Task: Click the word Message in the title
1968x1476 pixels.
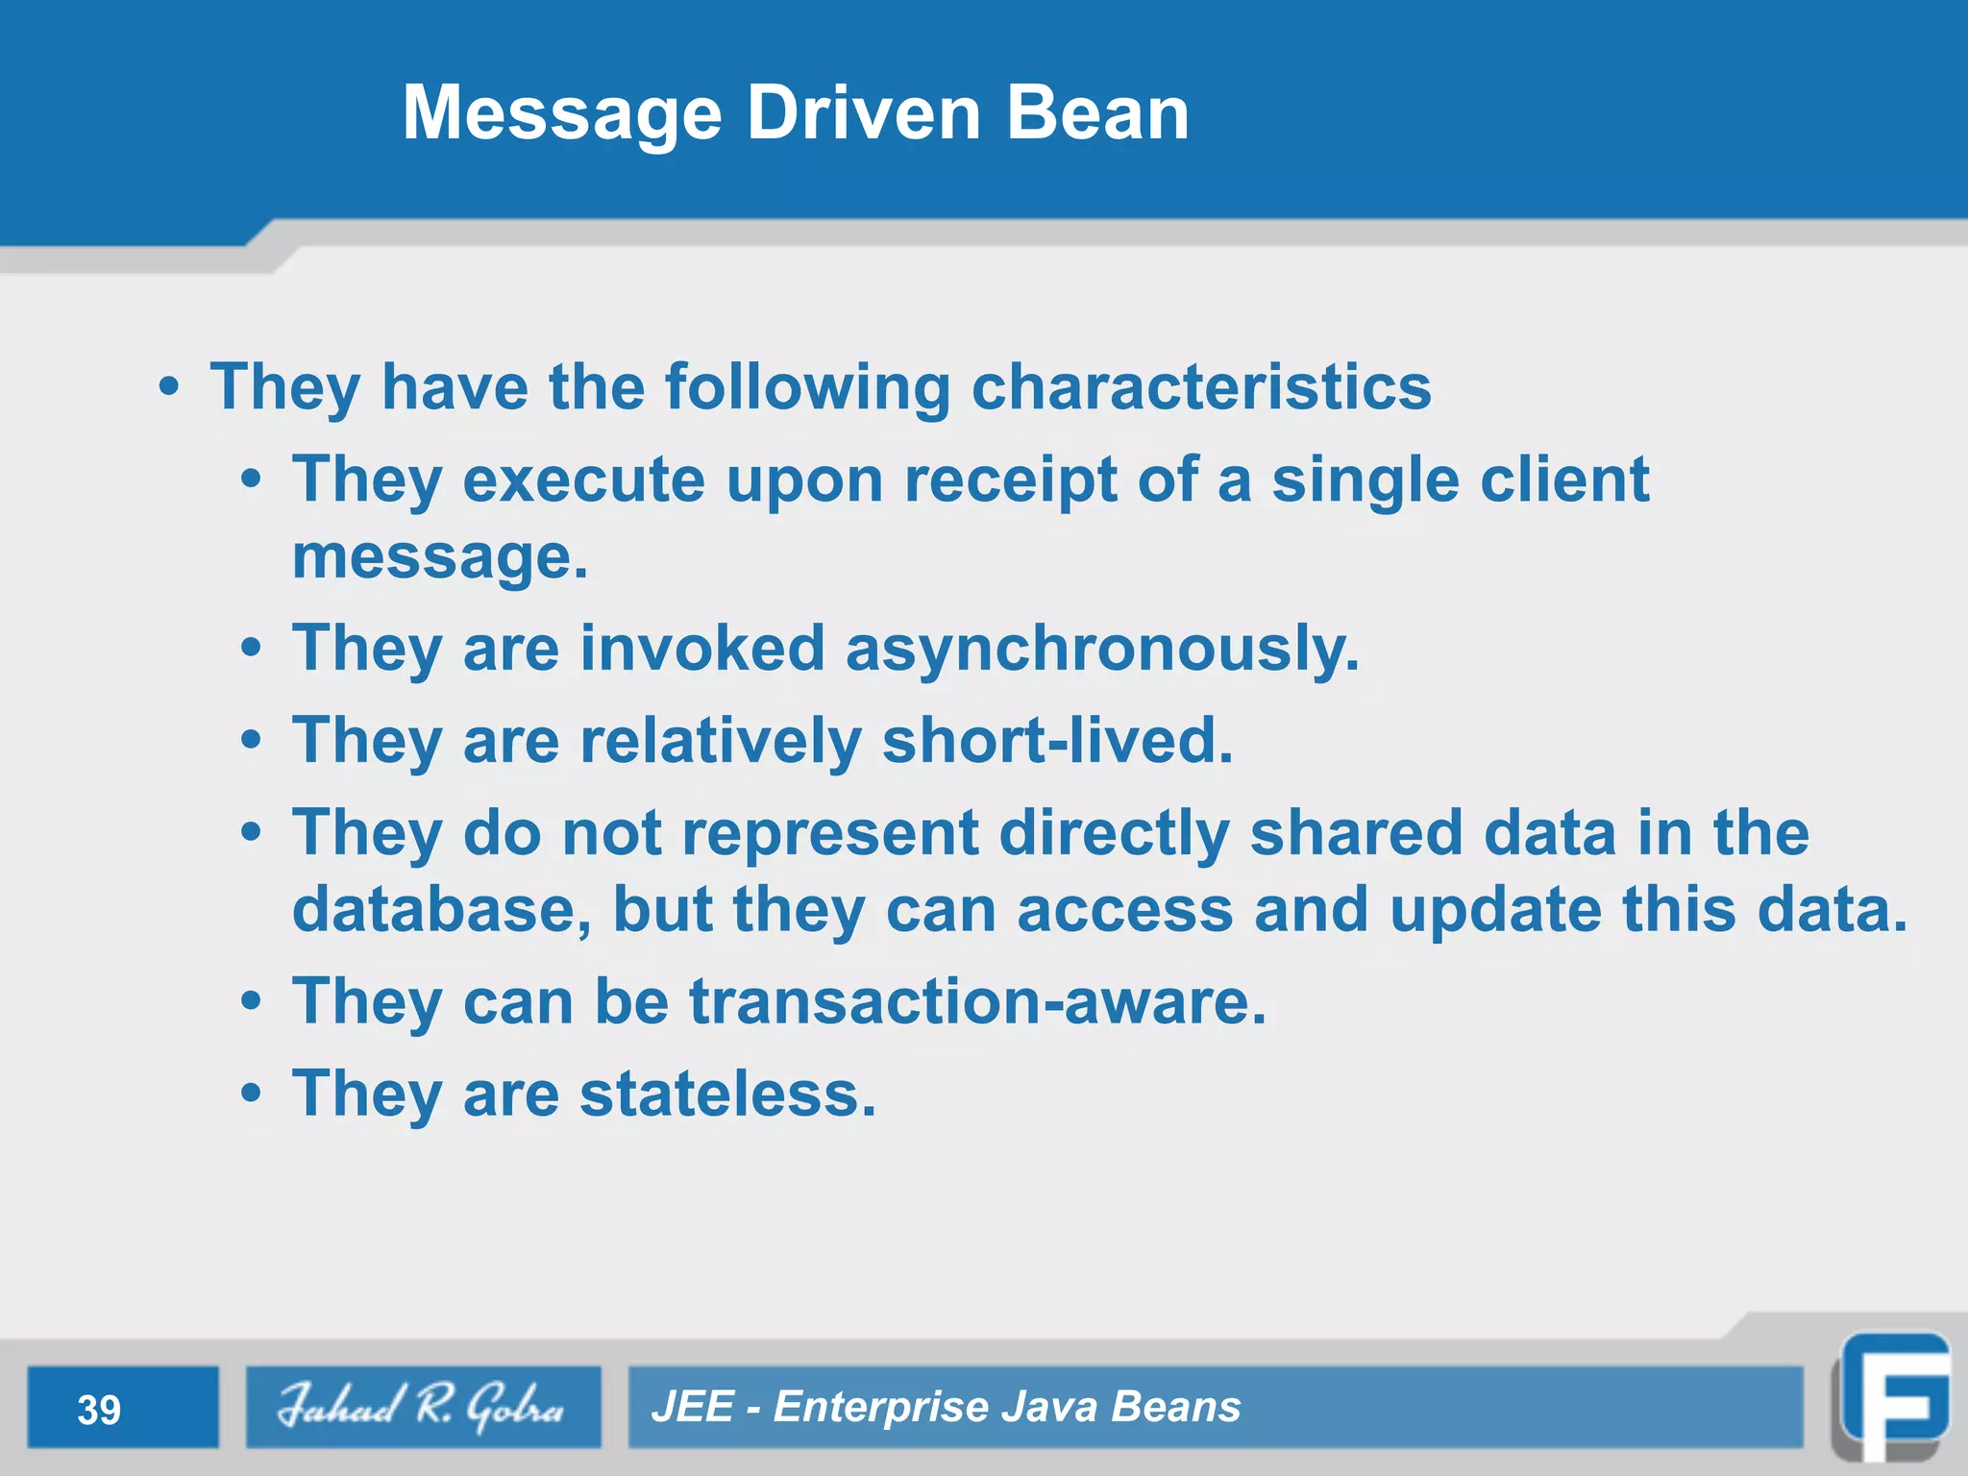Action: click(x=562, y=113)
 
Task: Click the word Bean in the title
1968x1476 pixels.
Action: click(x=1097, y=113)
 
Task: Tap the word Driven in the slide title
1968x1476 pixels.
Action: click(x=864, y=113)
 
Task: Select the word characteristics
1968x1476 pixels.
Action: click(x=1201, y=387)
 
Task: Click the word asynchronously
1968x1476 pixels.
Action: click(x=1102, y=649)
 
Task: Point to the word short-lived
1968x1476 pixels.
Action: click(x=1057, y=741)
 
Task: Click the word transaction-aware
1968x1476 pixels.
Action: click(x=977, y=1002)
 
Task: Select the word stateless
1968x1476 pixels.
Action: click(x=727, y=1095)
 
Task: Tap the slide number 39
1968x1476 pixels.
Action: click(x=99, y=1410)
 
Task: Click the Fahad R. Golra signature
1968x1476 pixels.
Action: click(x=422, y=1407)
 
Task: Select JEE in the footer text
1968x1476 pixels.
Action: click(x=693, y=1407)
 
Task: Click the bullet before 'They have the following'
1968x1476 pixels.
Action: click(x=169, y=388)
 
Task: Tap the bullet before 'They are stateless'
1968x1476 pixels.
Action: click(x=251, y=1095)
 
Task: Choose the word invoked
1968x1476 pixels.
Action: click(x=702, y=649)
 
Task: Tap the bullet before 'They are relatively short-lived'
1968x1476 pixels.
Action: click(x=251, y=741)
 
